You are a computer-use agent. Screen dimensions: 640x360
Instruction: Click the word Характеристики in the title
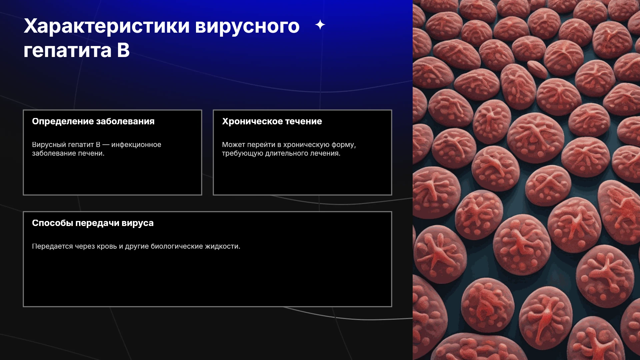107,27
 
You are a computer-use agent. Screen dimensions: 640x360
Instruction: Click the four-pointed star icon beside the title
320,25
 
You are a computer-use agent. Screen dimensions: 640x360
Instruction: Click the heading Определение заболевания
93,122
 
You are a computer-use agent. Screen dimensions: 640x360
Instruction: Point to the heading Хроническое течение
272,122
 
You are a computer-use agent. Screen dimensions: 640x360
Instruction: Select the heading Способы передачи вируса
93,223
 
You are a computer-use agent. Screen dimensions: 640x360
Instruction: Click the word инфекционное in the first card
136,145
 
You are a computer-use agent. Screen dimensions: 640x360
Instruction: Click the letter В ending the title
123,51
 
